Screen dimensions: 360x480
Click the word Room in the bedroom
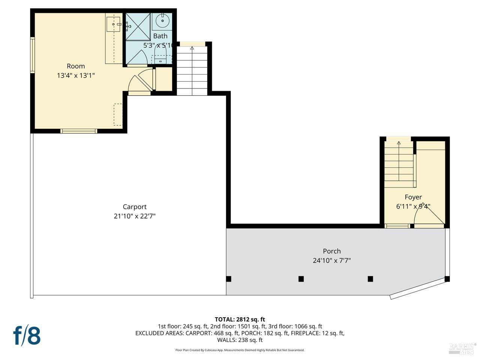click(76, 66)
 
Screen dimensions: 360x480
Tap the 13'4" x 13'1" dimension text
click(76, 75)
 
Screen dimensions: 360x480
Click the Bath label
click(160, 36)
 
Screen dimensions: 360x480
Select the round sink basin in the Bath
click(162, 21)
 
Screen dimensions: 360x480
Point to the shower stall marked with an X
click(138, 26)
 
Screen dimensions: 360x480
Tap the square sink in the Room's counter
click(113, 24)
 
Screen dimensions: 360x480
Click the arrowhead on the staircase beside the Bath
click(192, 48)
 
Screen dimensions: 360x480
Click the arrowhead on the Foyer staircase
click(399, 143)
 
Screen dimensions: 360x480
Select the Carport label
click(135, 207)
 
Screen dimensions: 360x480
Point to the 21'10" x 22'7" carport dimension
click(135, 216)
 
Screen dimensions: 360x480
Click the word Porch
click(332, 251)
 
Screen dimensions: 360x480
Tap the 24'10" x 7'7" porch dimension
click(332, 260)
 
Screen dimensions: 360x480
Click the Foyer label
click(413, 197)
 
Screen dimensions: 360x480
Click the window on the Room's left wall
click(33, 55)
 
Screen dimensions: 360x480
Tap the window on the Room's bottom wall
click(79, 131)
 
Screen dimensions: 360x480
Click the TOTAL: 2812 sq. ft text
click(240, 319)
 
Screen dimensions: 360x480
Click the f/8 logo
click(27, 336)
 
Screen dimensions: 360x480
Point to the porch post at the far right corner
click(447, 279)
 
